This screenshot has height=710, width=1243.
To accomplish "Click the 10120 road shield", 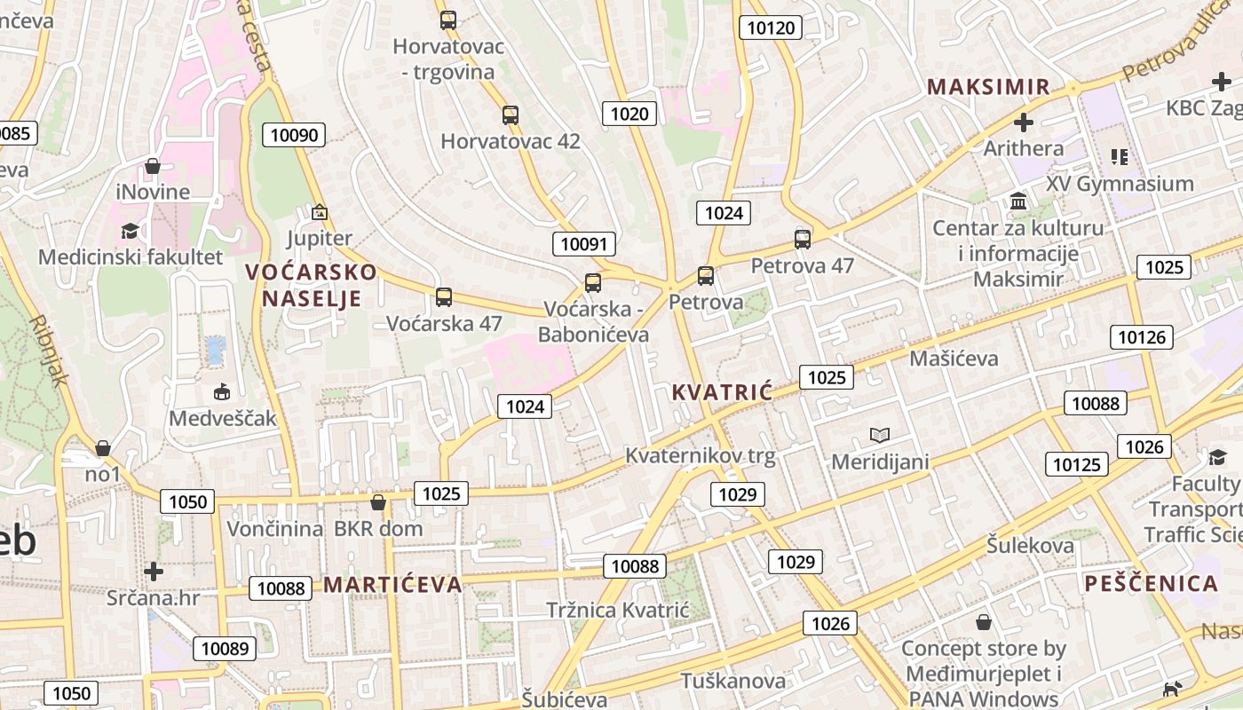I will pyautogui.click(x=771, y=28).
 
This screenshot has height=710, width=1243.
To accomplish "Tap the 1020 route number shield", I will pyautogui.click(x=630, y=114).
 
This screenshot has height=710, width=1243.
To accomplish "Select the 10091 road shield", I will pyautogui.click(x=584, y=244).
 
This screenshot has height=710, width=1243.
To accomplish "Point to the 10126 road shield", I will pyautogui.click(x=1142, y=337).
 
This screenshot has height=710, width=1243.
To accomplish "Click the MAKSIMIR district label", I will pyautogui.click(x=988, y=87).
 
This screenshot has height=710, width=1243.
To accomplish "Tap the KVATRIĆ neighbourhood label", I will pyautogui.click(x=722, y=392).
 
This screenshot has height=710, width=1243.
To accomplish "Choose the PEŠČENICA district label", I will pyautogui.click(x=1151, y=583).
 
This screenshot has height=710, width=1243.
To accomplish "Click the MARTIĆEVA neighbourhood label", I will pyautogui.click(x=392, y=584).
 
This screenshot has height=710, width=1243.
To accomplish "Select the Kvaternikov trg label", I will pyautogui.click(x=701, y=456).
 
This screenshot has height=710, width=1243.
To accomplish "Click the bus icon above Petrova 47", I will pyautogui.click(x=803, y=239).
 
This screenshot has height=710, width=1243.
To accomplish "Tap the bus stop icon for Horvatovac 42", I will pyautogui.click(x=510, y=114).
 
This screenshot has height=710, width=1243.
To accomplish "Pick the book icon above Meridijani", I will pyautogui.click(x=880, y=435).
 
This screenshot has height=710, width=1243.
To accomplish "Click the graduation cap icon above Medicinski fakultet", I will pyautogui.click(x=131, y=231).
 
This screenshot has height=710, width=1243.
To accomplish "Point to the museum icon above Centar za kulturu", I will pyautogui.click(x=1018, y=201).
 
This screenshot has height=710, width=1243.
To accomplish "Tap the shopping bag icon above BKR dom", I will pyautogui.click(x=378, y=502).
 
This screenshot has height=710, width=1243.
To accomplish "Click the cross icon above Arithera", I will pyautogui.click(x=1024, y=122).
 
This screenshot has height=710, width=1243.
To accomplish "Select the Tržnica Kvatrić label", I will pyautogui.click(x=618, y=610).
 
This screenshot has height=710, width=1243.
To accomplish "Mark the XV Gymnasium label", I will pyautogui.click(x=1120, y=184).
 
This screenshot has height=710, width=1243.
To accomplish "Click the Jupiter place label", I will pyautogui.click(x=320, y=238).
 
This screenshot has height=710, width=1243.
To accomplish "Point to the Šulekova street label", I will pyautogui.click(x=1030, y=545).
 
